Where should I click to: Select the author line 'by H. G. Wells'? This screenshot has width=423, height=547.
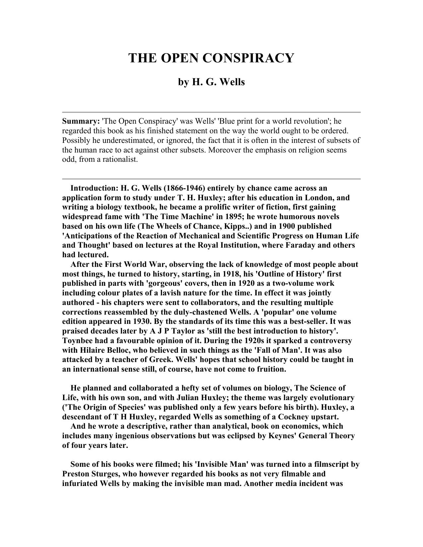[x=211, y=82]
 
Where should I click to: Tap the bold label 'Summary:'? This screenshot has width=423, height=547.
[x=81, y=121]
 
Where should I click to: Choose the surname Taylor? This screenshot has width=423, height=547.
[x=180, y=331]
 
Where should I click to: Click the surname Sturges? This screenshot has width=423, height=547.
[x=107, y=474]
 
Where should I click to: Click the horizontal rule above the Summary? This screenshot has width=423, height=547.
[x=211, y=112]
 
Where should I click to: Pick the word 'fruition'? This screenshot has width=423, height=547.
[x=270, y=369]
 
